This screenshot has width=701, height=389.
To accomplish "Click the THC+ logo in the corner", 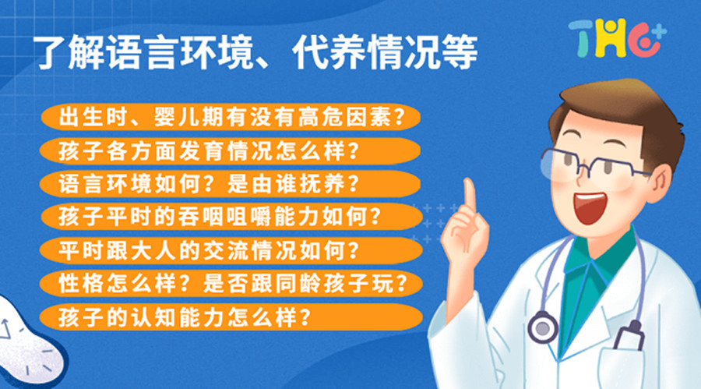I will tap(616, 37).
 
